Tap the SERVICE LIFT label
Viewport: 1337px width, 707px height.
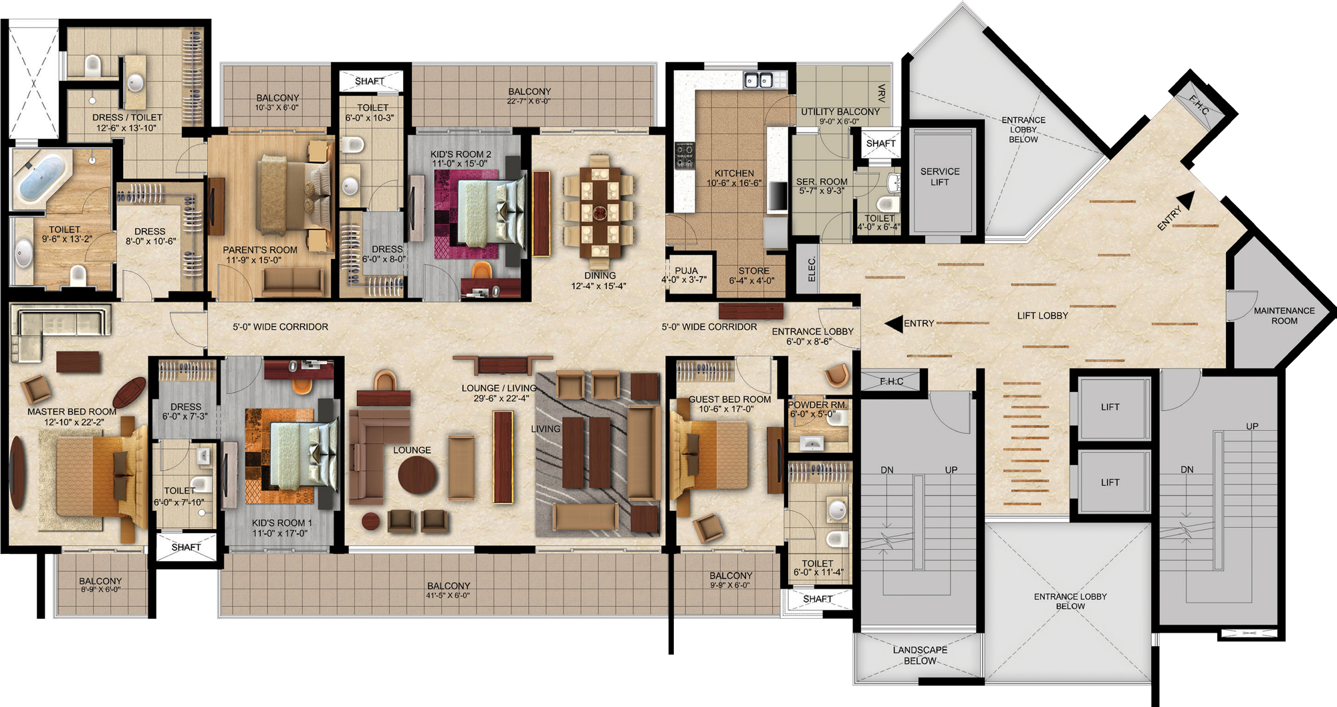[x=940, y=177]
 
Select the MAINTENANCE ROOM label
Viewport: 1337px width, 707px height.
[x=1284, y=316]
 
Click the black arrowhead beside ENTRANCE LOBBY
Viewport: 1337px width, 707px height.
[x=893, y=324]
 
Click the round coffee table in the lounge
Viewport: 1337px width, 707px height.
[x=418, y=475]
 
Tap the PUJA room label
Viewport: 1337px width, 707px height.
[x=686, y=271]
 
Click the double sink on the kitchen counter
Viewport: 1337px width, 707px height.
[x=759, y=80]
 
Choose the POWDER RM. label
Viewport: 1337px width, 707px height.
[x=818, y=405]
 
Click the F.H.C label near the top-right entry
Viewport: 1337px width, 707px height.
[x=1199, y=104]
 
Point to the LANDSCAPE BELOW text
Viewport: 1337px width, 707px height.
[x=920, y=655]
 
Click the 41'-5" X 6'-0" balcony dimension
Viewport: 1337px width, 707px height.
[x=449, y=595]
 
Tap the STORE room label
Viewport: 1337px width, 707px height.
[x=754, y=271]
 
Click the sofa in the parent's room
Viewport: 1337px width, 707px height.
[x=293, y=282]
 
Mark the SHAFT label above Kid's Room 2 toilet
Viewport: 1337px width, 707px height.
[x=370, y=81]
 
